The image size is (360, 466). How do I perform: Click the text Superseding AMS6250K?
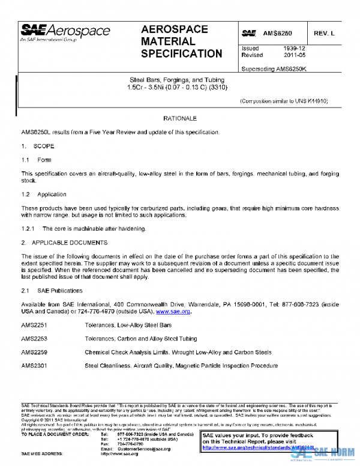(273, 68)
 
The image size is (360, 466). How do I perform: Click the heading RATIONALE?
(179, 119)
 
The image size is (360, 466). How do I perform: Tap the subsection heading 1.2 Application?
(40, 195)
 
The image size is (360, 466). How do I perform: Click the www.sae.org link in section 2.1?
(173, 312)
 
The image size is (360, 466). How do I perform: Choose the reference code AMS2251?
(34, 324)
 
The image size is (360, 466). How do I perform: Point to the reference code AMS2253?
(34, 338)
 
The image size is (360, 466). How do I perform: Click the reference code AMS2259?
(34, 352)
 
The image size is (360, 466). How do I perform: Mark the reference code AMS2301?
(34, 366)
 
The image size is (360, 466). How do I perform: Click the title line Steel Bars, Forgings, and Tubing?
(177, 79)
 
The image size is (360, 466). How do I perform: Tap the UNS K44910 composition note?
(283, 101)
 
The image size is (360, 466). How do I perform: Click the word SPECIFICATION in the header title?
(181, 54)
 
